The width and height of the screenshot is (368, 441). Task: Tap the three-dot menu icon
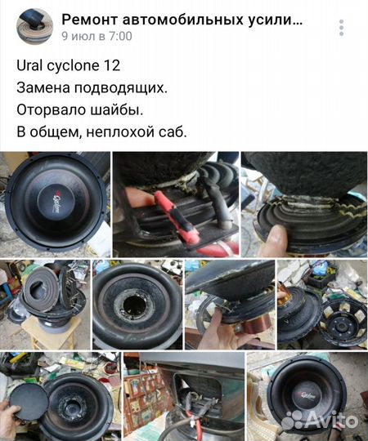(x=348, y=26)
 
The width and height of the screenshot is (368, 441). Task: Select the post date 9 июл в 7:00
(x=96, y=36)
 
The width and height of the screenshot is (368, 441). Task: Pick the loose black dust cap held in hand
(x=31, y=401)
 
